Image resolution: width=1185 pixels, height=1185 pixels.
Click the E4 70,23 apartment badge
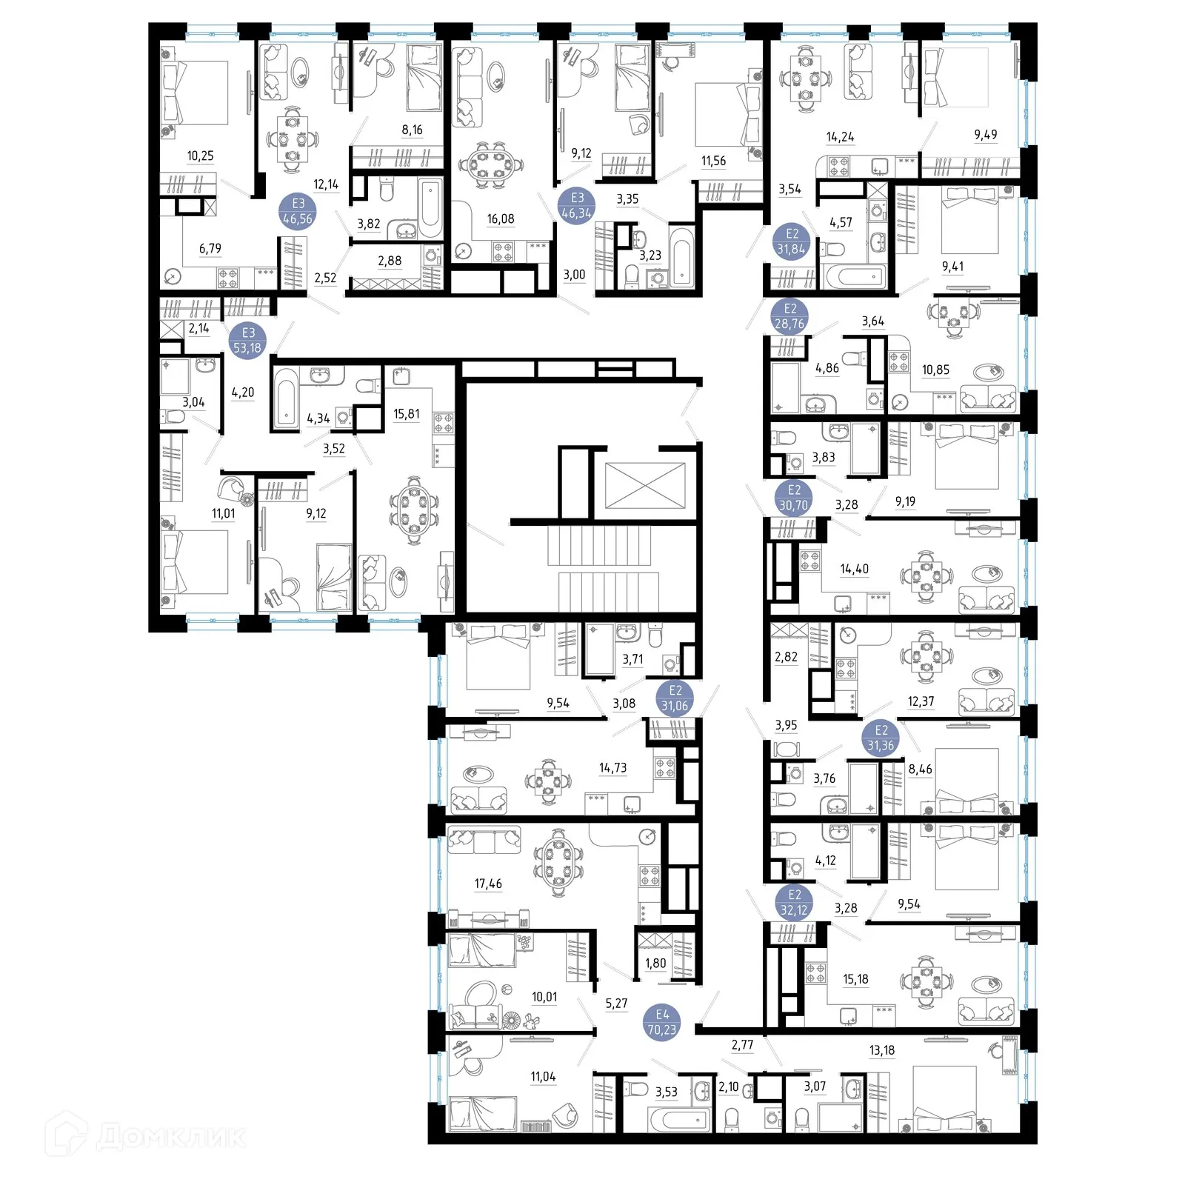tap(661, 1022)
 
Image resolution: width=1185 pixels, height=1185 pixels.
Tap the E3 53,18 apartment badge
tap(247, 341)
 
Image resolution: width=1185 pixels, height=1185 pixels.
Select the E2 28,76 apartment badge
tap(790, 316)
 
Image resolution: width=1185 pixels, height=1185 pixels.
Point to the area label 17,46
tap(488, 884)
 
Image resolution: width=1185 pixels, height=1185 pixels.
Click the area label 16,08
tap(501, 219)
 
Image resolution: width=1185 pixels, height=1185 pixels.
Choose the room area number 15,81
tap(406, 414)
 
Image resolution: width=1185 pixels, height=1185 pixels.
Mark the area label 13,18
tap(881, 1050)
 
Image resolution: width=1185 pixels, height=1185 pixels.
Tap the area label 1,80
tap(655, 964)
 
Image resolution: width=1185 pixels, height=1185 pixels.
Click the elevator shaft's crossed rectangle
tap(645, 485)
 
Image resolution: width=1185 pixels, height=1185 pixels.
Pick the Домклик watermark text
tap(170, 1137)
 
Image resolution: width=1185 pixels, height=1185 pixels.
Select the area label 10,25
tap(200, 156)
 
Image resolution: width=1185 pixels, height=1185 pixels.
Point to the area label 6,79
tap(210, 249)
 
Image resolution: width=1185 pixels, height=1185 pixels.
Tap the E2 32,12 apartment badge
tap(793, 903)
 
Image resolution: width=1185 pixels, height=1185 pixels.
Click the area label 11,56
tap(713, 161)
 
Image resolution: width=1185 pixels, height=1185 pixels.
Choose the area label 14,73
tap(612, 768)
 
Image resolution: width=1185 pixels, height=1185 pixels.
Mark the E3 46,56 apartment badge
tap(298, 211)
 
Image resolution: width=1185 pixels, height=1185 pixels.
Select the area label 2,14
tap(198, 328)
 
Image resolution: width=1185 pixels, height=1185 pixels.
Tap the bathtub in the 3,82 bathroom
tap(430, 207)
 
